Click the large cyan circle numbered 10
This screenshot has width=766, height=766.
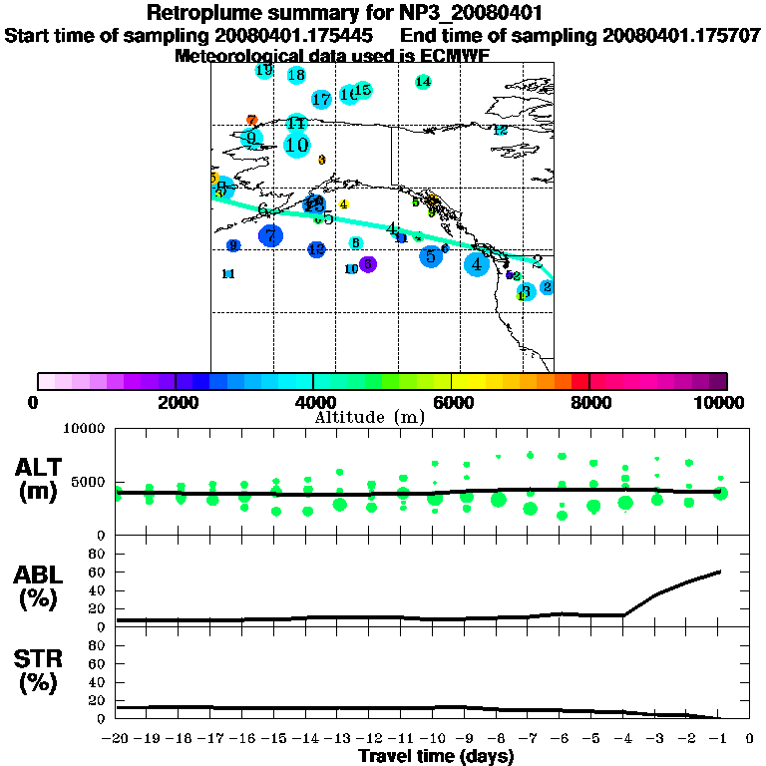pos(296,145)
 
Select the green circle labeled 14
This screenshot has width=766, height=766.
pos(423,82)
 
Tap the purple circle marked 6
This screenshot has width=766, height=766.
pos(368,263)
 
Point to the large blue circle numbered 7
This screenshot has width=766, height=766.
pos(270,235)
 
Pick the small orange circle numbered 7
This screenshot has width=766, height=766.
pos(252,120)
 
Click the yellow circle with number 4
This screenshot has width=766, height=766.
pos(343,204)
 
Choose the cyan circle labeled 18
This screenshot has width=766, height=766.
pos(296,75)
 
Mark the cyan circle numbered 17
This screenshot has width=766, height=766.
pos(321,99)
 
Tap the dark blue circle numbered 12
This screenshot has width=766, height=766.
pos(316,249)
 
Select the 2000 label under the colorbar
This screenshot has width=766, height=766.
pos(176,402)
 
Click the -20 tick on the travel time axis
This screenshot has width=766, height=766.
pos(116,739)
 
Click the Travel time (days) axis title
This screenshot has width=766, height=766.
pos(436,757)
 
